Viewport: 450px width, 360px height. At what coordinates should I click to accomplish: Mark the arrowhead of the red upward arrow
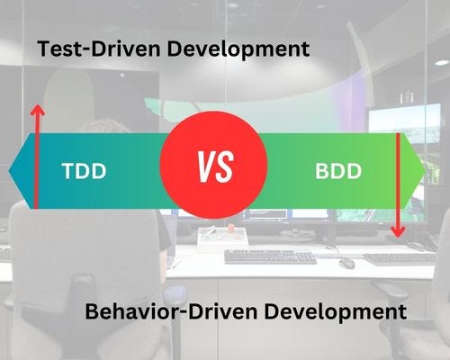36,109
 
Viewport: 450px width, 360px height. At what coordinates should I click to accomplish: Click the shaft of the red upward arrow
36,162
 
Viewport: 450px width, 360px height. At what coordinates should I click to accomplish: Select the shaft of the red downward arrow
397,180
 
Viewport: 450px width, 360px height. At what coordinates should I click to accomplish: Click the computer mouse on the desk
346,263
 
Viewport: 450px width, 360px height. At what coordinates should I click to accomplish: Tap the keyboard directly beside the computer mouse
270,256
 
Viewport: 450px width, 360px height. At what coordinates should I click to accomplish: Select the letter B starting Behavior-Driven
92,312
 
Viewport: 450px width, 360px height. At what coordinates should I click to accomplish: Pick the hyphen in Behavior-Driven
174,314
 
